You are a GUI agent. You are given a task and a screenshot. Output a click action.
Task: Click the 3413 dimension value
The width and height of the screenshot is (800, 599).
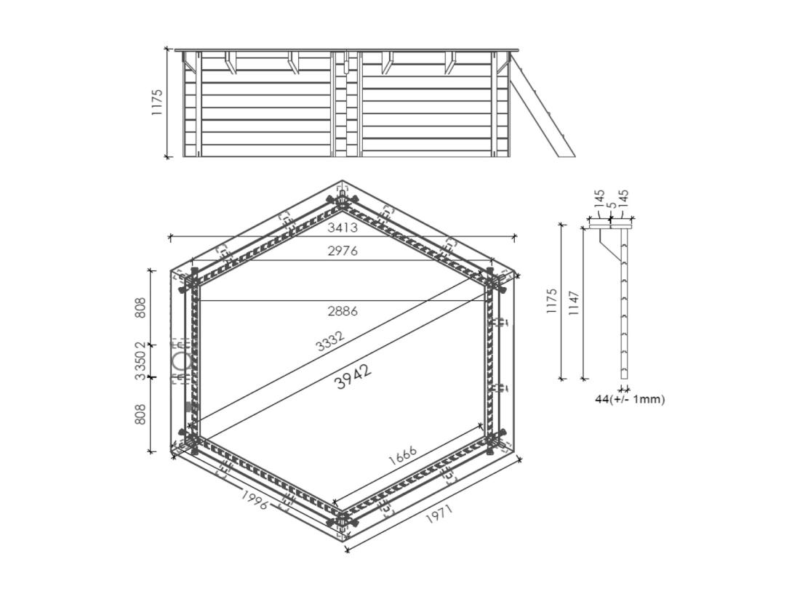(x=342, y=228)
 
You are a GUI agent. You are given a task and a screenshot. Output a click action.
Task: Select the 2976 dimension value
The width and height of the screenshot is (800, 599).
(x=342, y=252)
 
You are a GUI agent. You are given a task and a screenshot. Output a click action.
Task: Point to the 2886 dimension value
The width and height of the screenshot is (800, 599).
(x=342, y=311)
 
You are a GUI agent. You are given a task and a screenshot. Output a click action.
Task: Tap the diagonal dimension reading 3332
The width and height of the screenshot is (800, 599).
(x=330, y=341)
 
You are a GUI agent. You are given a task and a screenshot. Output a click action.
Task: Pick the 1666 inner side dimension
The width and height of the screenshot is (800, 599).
(x=402, y=455)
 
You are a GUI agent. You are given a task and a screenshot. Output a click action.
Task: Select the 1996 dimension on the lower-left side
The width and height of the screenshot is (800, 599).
(x=254, y=499)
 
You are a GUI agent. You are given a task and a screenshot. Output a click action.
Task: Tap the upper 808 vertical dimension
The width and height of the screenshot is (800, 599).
(x=141, y=307)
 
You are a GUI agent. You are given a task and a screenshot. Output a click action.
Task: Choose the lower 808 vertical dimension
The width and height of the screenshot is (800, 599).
(x=141, y=414)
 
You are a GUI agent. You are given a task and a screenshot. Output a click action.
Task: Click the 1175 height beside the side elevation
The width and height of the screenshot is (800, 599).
(x=157, y=102)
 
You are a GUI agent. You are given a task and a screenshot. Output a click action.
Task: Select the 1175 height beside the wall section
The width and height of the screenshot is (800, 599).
(x=552, y=301)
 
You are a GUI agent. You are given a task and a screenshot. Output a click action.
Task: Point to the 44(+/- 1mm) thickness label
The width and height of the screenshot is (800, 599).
(x=630, y=399)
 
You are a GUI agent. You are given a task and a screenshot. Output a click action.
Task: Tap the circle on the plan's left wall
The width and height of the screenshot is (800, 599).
(x=181, y=361)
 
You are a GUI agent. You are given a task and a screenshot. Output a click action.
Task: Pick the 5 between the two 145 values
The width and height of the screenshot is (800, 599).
(x=611, y=205)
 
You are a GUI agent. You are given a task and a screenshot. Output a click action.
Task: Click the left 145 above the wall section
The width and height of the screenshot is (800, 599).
(x=599, y=198)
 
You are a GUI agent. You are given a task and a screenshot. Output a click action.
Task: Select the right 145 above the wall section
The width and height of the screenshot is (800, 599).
(x=623, y=198)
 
